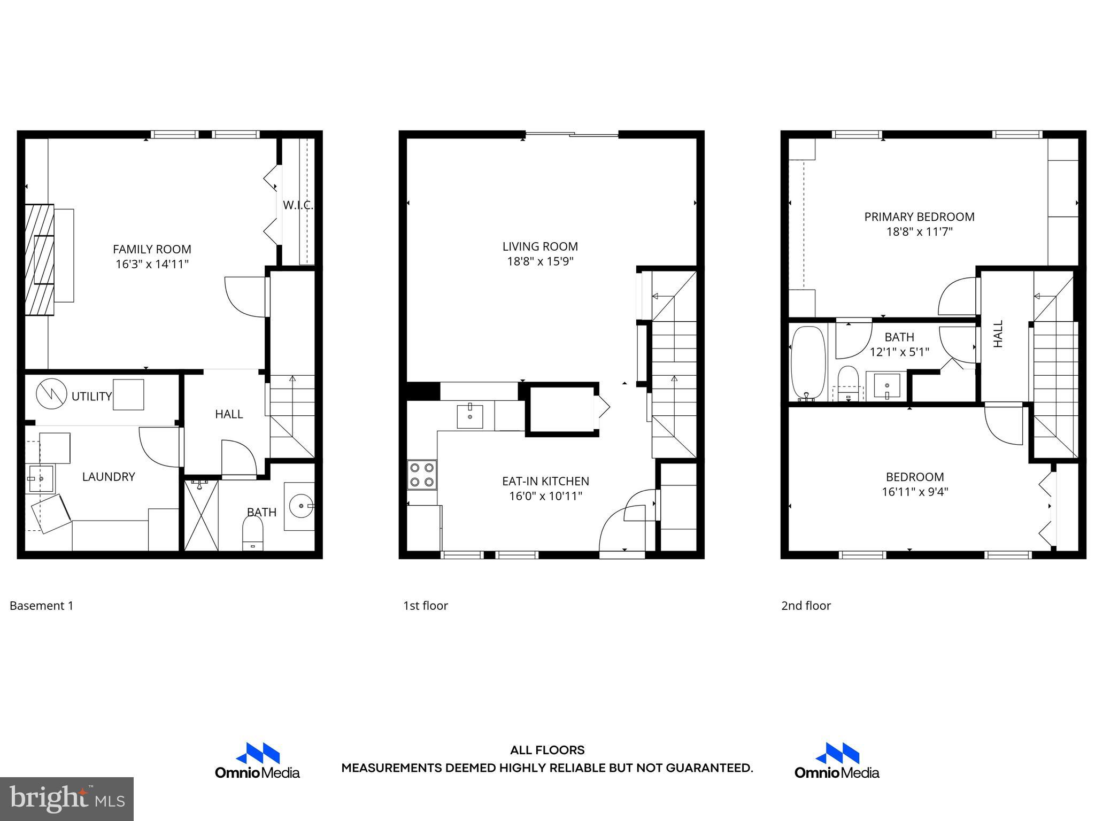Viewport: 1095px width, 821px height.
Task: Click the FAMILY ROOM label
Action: point(152,249)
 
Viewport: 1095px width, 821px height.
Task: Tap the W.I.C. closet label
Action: point(297,205)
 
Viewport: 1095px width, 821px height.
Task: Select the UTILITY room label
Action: point(91,396)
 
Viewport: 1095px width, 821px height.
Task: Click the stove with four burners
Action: point(422,475)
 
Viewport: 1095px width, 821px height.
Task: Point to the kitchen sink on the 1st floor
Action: point(470,416)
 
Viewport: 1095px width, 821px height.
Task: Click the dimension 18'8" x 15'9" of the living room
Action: point(540,261)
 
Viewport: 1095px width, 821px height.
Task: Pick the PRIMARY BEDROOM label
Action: point(919,216)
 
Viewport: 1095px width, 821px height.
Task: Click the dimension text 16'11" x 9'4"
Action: point(915,492)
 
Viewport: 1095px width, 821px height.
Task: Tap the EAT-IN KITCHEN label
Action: point(545,481)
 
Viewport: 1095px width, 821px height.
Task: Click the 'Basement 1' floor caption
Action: point(41,606)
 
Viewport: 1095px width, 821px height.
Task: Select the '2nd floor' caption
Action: point(806,606)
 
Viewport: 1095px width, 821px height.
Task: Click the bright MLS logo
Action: point(67,799)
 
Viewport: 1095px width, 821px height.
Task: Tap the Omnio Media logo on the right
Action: point(837,761)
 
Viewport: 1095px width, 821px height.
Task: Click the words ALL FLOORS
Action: point(547,750)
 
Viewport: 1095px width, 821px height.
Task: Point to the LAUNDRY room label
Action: point(109,477)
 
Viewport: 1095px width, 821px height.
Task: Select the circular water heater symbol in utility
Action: point(51,394)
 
